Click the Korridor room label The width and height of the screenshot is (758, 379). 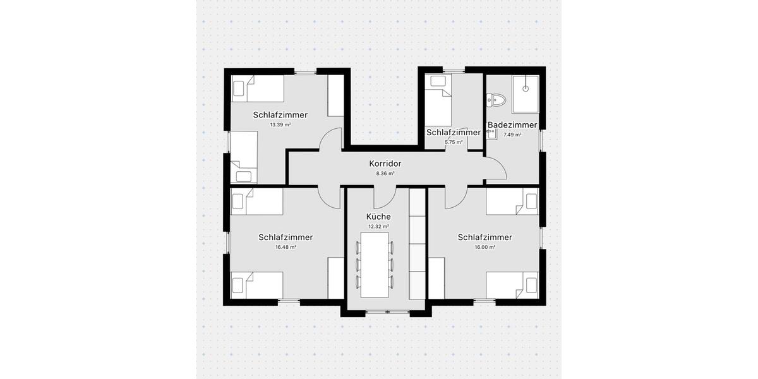[385, 164]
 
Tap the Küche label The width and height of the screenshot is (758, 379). [378, 217]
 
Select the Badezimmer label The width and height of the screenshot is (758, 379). [512, 125]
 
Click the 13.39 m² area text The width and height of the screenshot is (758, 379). [280, 125]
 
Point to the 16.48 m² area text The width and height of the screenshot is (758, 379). [286, 247]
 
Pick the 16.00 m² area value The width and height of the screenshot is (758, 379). [484, 247]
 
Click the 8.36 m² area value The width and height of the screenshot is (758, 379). [385, 173]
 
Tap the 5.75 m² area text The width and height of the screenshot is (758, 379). [454, 143]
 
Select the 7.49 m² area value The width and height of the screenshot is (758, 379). [512, 135]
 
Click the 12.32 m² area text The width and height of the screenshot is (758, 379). [378, 226]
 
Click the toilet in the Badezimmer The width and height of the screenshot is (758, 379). [496, 99]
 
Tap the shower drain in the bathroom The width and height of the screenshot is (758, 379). [526, 89]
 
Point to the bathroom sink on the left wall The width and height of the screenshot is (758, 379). [491, 133]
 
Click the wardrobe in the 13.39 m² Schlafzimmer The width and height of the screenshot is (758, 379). [335, 95]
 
